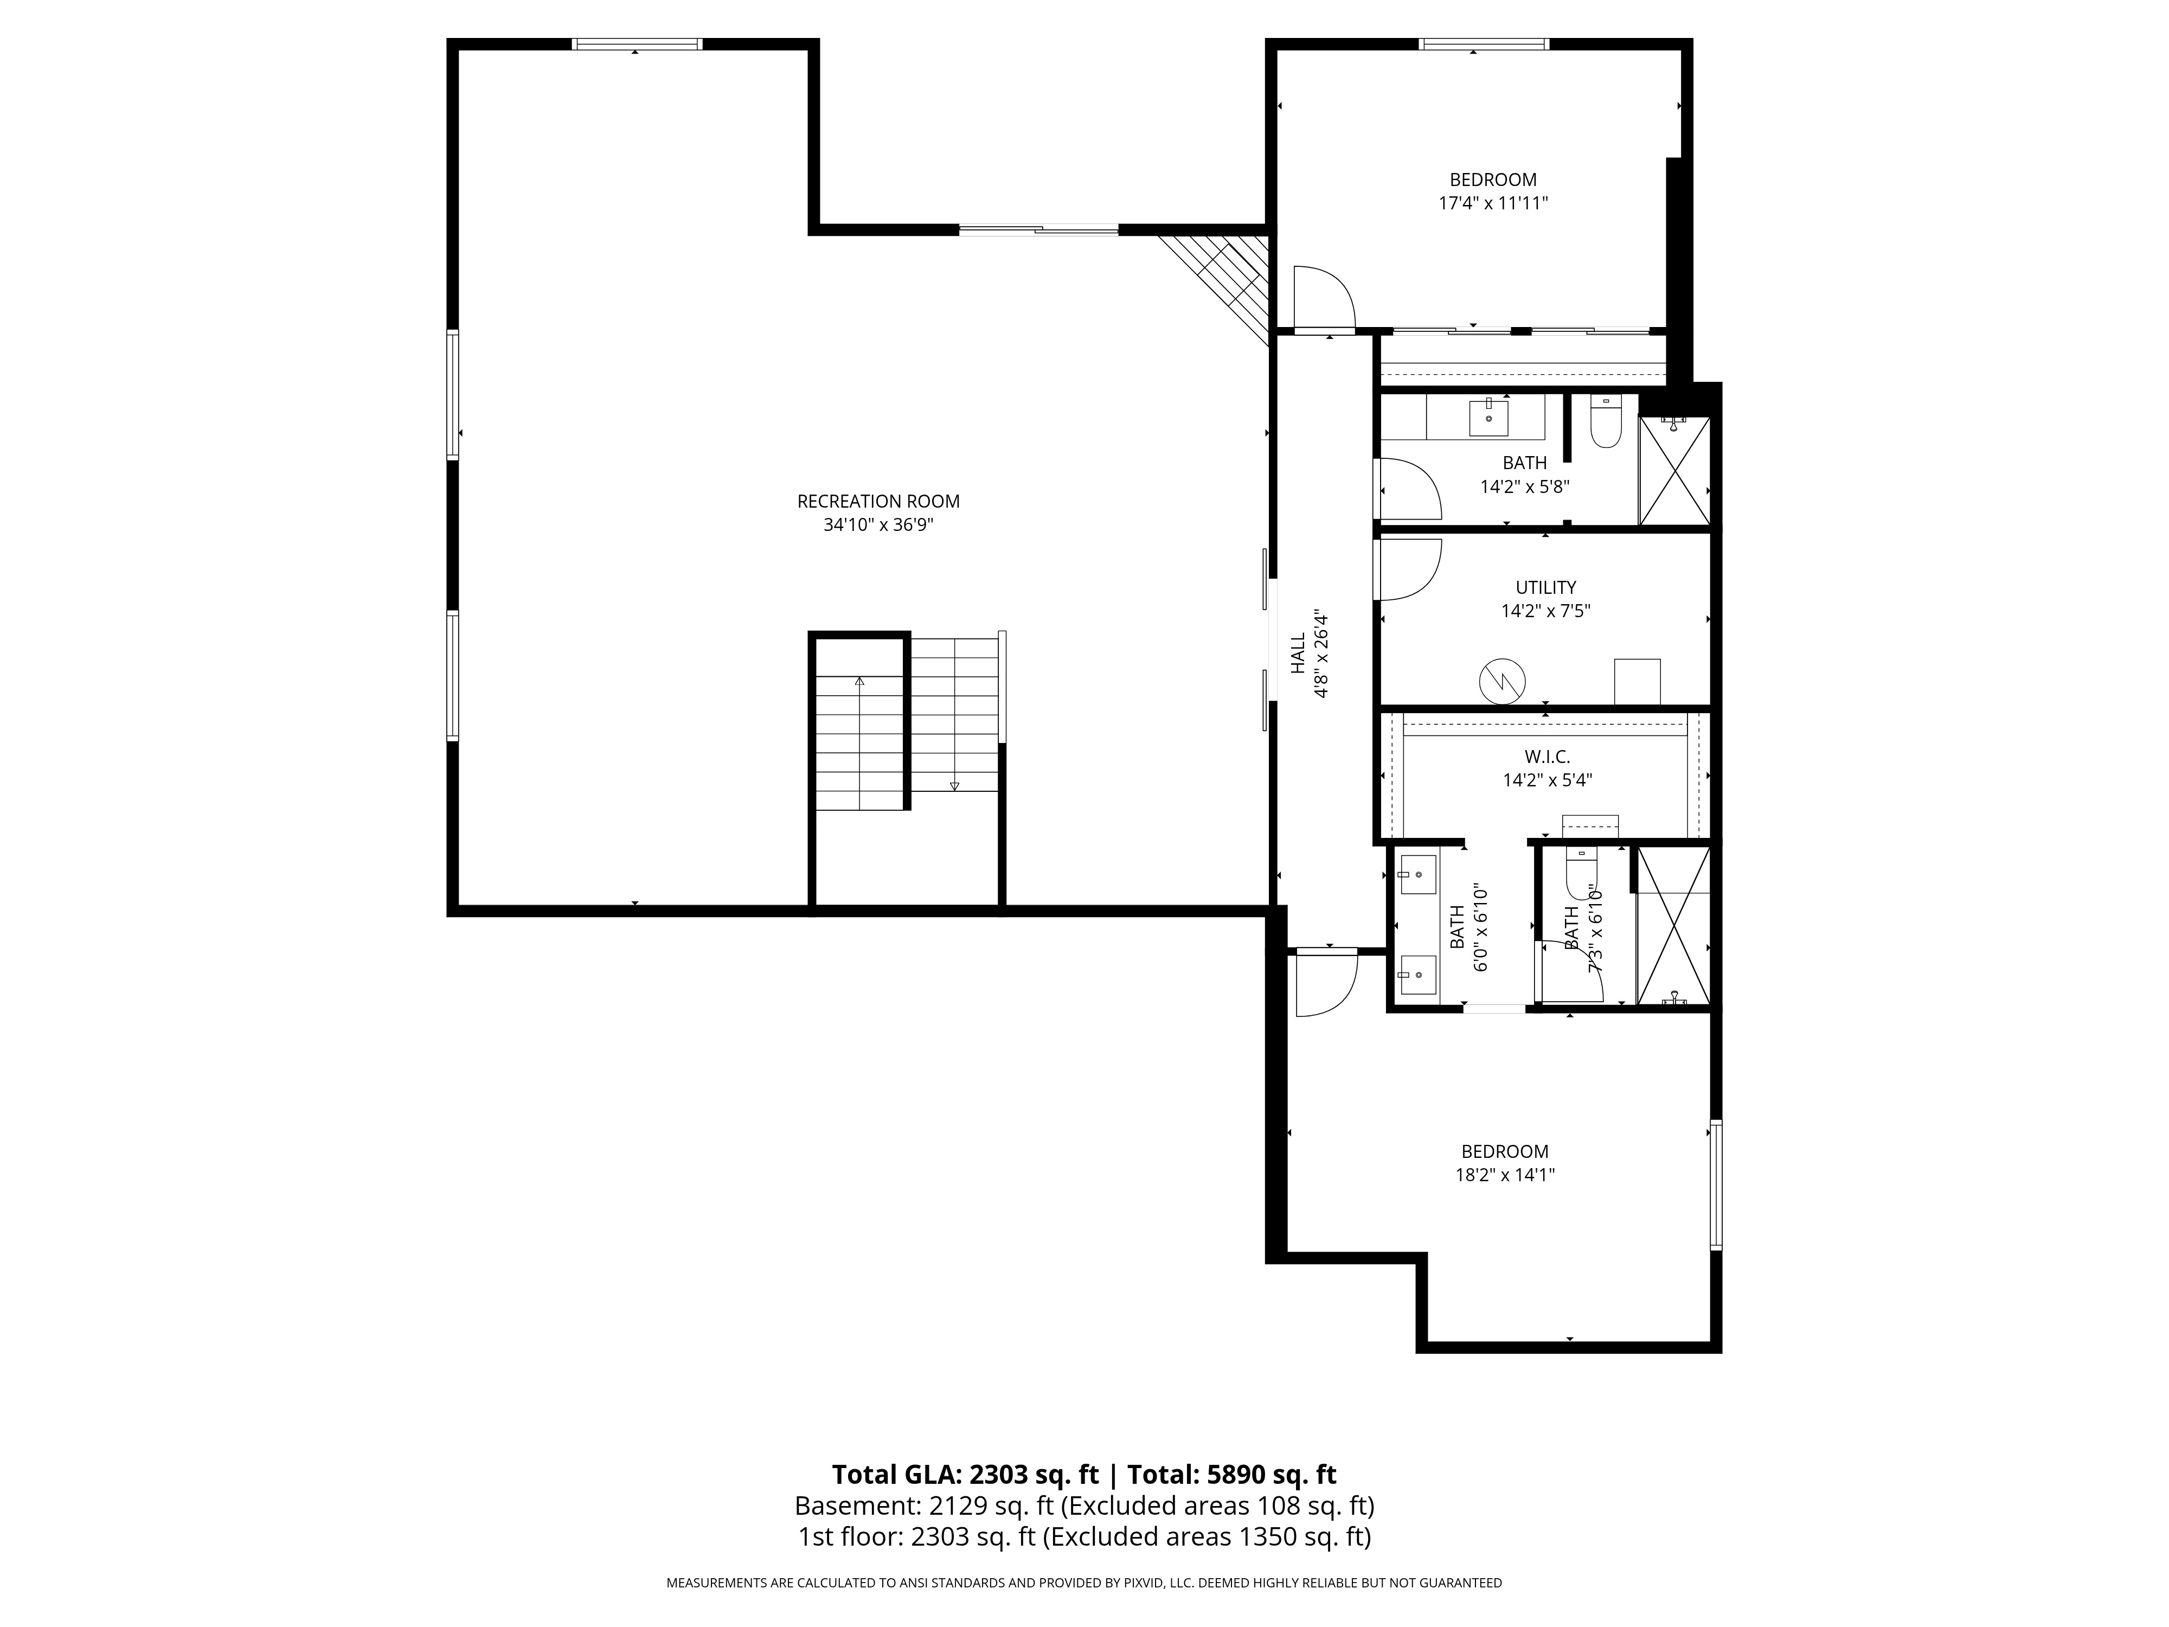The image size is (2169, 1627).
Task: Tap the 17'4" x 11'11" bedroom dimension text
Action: click(1492, 203)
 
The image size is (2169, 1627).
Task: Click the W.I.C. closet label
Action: click(1548, 757)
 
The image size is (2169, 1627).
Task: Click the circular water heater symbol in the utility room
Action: click(1502, 680)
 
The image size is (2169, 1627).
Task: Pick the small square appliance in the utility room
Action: click(1637, 682)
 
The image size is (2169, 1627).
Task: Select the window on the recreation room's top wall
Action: click(637, 44)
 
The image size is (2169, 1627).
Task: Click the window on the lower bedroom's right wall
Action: click(1716, 1184)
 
